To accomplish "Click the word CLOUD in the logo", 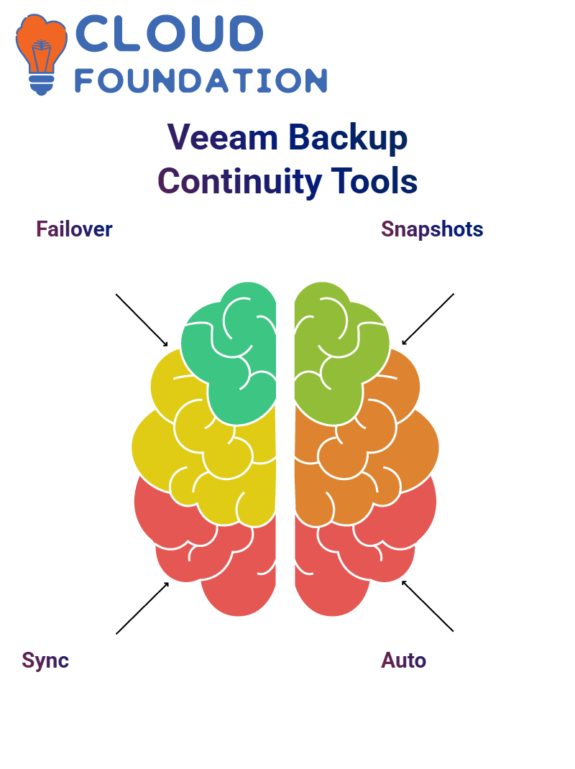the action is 169,33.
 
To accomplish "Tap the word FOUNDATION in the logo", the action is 201,80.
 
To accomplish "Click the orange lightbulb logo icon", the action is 41,54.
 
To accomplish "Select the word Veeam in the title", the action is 222,137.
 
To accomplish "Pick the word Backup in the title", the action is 348,138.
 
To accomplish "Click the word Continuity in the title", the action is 239,181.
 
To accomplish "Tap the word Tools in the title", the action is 374,181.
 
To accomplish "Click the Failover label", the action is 74,229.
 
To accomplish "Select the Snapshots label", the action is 432,229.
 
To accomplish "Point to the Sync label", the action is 45,660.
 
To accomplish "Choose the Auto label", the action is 403,660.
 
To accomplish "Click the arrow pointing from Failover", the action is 142,321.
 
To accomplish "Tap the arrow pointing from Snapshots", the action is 428,319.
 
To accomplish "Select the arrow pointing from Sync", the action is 142,608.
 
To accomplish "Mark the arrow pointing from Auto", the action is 428,606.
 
